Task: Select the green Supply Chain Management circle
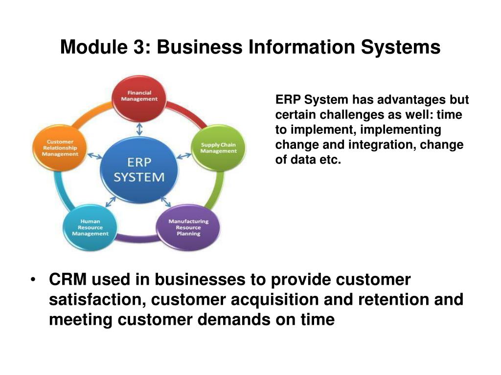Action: tap(218, 147)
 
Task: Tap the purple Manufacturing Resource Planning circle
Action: tap(188, 227)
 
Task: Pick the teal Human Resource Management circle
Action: tap(90, 227)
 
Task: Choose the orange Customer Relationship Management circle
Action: tap(60, 147)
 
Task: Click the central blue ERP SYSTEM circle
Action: tap(139, 169)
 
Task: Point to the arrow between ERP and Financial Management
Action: tap(139, 128)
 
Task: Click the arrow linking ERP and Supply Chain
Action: tap(184, 156)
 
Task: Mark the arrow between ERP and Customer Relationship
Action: tap(95, 157)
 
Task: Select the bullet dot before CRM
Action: tap(33, 280)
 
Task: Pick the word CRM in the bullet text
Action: tap(68, 280)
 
